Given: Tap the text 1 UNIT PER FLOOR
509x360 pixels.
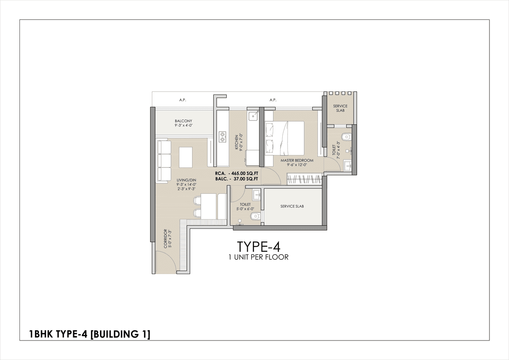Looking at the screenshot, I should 258,257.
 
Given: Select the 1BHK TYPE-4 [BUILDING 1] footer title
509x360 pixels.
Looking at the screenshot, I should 90,334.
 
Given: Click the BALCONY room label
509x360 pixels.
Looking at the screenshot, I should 183,123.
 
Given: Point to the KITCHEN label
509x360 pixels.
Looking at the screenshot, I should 238,142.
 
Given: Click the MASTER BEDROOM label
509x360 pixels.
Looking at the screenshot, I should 297,163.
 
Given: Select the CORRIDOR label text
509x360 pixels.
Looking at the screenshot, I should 167,239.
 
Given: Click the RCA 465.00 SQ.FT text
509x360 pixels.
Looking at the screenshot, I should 237,173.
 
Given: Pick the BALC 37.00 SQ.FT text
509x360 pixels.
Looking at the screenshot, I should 237,179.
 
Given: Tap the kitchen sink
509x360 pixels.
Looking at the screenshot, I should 253,116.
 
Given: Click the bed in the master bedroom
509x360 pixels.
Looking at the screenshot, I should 284,138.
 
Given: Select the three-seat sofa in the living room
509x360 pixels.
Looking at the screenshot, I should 164,161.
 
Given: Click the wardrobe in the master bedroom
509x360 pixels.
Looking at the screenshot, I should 303,179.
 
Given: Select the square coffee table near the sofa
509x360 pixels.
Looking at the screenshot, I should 185,157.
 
